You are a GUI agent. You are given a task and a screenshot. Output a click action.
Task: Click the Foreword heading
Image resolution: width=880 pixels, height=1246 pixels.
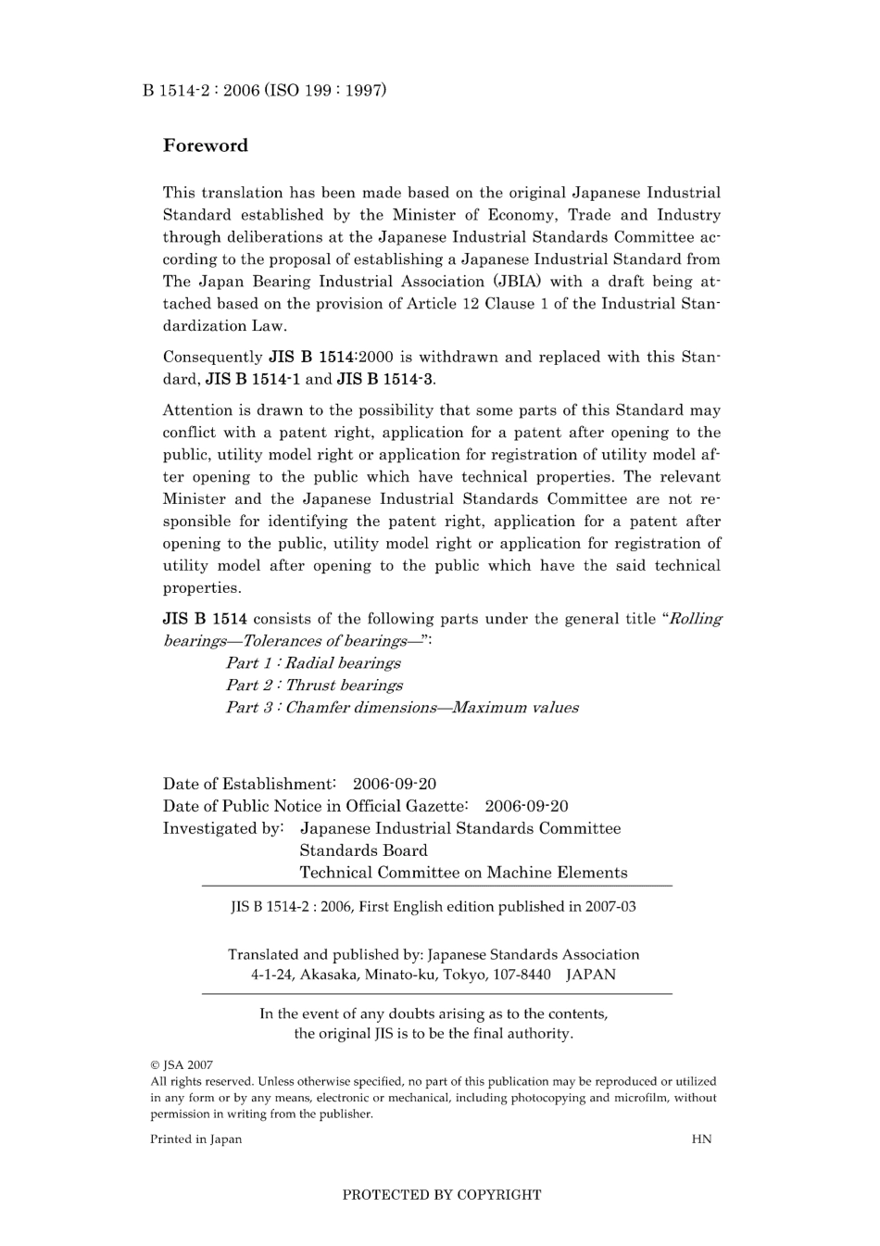click(206, 145)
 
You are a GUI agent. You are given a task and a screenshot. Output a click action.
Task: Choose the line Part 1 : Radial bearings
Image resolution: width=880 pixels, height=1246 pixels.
click(313, 663)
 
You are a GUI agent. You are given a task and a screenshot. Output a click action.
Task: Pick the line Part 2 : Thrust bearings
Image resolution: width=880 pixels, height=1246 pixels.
click(314, 686)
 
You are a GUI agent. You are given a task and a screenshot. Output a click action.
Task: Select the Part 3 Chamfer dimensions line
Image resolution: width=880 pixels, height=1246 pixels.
click(402, 708)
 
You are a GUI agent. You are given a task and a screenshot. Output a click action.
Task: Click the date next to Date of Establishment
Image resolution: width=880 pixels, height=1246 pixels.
click(395, 784)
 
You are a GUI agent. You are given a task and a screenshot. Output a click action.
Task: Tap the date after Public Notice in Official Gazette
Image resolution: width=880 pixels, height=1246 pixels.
click(526, 806)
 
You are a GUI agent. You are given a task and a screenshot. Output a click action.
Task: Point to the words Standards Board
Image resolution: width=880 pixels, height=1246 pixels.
click(363, 850)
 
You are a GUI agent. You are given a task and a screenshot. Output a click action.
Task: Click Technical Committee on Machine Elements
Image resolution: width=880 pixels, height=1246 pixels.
click(463, 873)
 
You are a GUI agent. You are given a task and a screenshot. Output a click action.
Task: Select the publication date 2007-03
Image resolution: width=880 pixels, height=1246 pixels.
click(610, 907)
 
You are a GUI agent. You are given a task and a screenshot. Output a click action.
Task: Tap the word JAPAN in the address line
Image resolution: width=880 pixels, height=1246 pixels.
click(591, 975)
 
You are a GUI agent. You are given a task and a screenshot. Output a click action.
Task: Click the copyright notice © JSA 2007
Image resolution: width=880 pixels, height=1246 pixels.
click(182, 1065)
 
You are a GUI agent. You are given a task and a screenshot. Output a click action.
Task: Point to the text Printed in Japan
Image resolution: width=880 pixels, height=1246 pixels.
click(195, 1139)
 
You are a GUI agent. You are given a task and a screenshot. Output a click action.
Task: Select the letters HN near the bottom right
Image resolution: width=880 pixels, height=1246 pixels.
click(701, 1139)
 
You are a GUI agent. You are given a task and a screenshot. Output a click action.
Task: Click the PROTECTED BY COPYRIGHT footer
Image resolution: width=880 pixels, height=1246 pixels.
click(442, 1195)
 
